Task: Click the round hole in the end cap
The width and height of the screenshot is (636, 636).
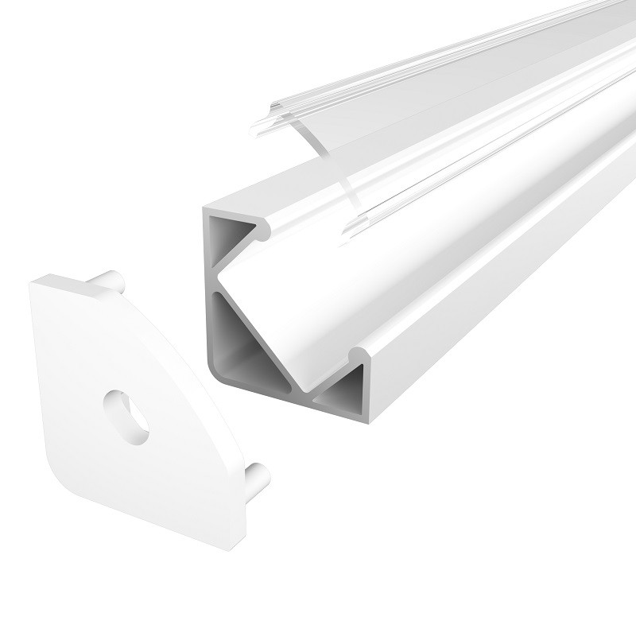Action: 127,414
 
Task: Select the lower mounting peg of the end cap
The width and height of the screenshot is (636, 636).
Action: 256,477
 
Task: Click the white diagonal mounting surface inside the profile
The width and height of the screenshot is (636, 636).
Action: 334,294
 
